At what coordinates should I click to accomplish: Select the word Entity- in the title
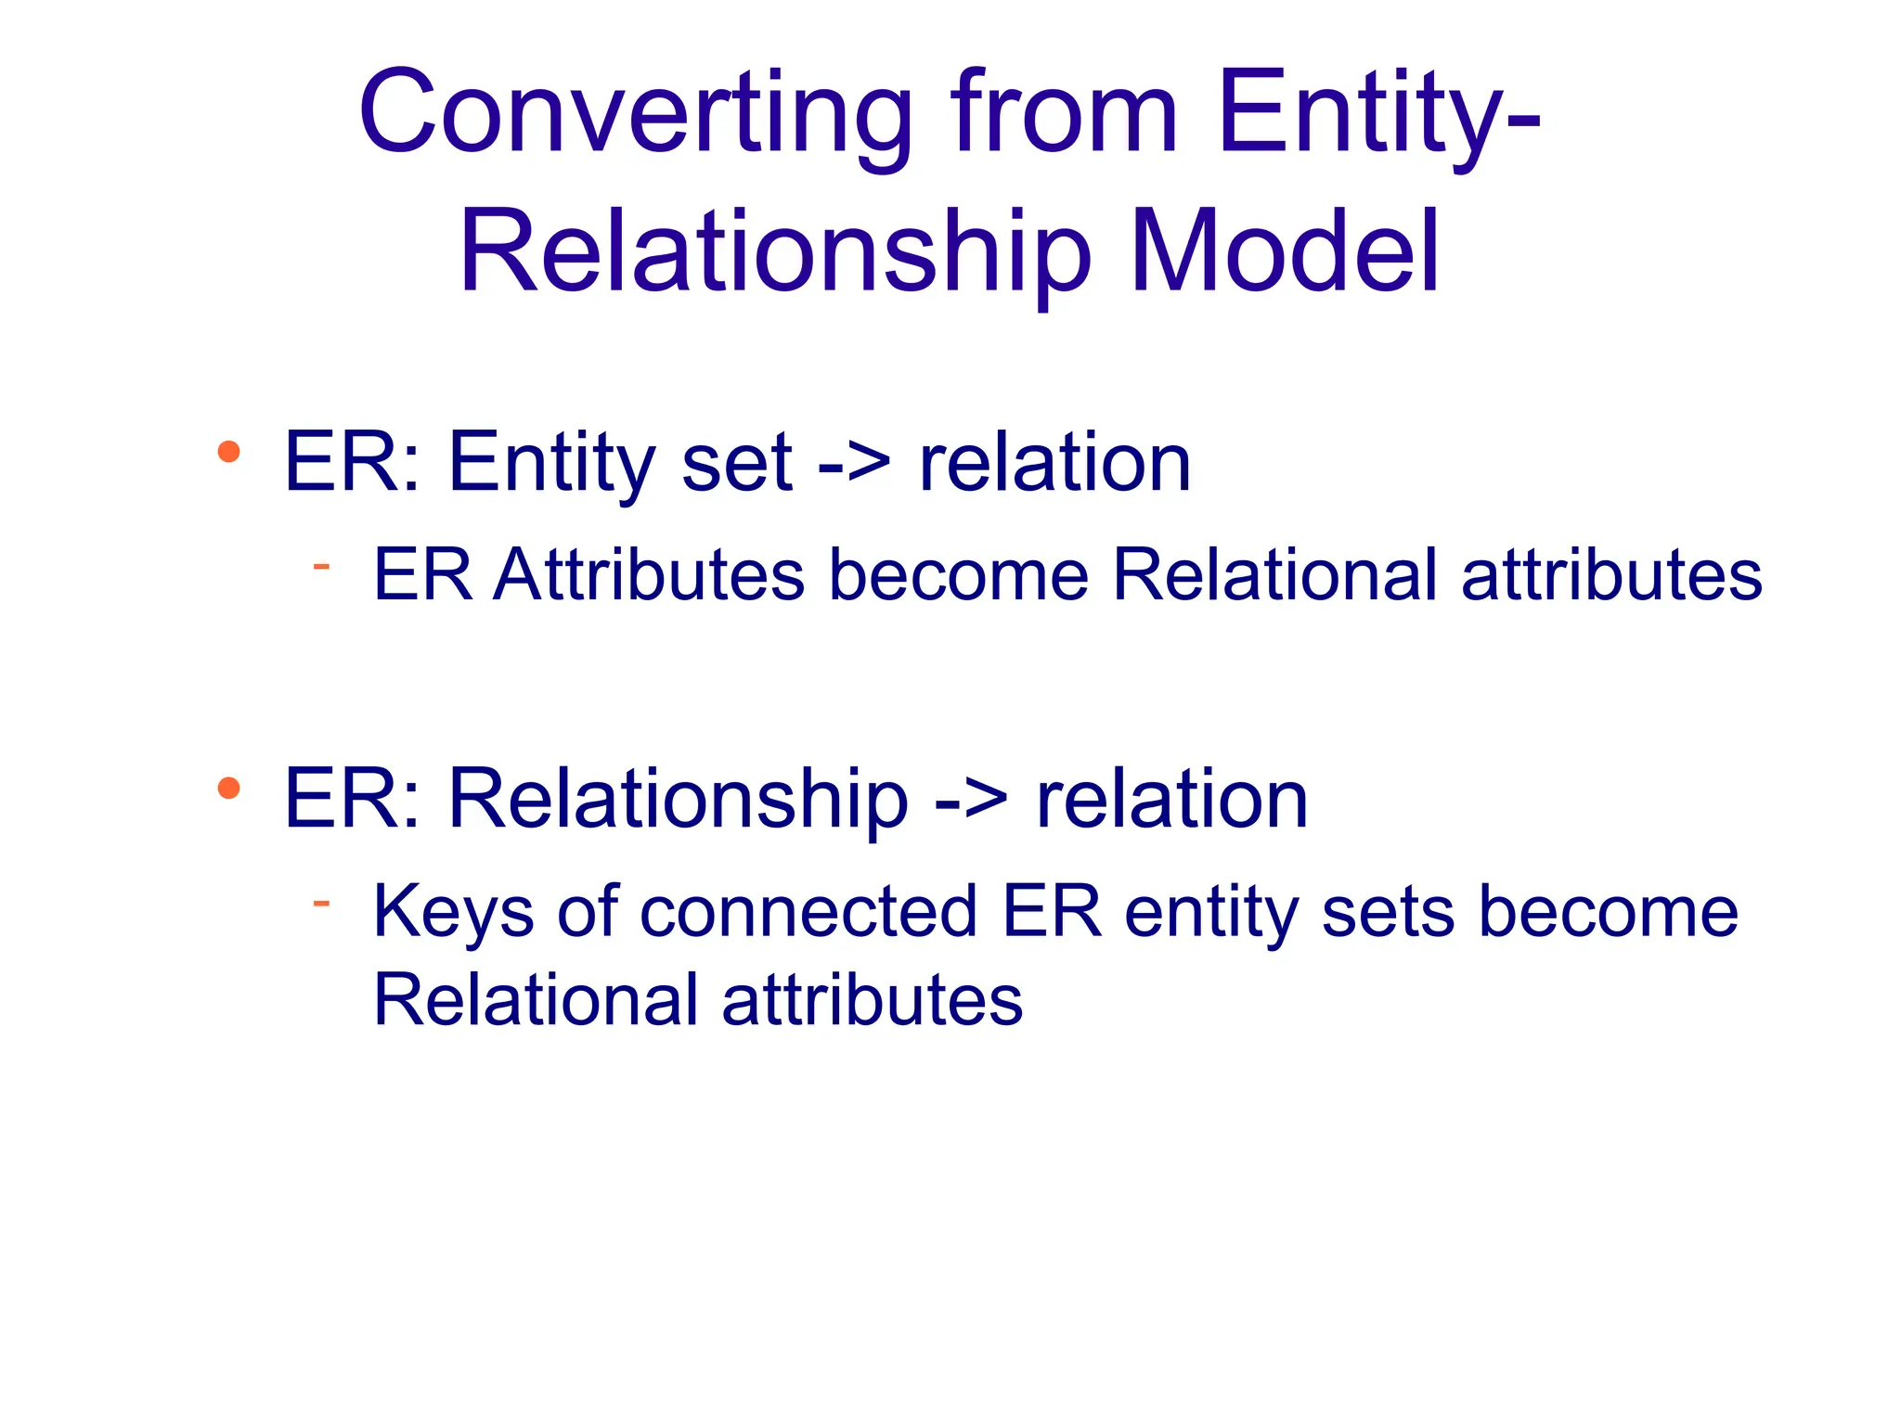(1379, 113)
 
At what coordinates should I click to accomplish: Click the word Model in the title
(1285, 252)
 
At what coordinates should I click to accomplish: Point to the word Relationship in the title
(774, 252)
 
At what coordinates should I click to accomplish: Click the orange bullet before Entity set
(228, 453)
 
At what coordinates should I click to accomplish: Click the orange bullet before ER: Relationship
(228, 789)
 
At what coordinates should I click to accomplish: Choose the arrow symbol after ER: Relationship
(970, 799)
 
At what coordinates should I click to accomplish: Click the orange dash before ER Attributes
(321, 565)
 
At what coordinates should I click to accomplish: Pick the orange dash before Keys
(321, 901)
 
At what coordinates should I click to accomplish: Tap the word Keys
(453, 912)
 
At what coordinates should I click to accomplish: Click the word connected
(808, 912)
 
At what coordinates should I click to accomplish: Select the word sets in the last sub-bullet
(1388, 912)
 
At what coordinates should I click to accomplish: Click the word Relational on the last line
(536, 1000)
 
